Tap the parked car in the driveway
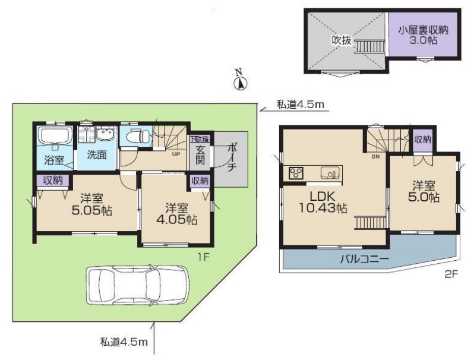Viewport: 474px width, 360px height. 138,285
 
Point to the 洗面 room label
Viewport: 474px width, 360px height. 97,155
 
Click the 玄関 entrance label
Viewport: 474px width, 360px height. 200,155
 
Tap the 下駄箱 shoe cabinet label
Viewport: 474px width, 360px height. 200,139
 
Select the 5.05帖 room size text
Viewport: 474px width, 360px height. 92,210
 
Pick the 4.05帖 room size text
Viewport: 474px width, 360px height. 177,219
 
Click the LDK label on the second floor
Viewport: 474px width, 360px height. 323,197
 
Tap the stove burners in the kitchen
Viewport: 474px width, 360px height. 296,173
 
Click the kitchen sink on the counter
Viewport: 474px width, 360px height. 330,173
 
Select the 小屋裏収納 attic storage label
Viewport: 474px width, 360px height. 423,30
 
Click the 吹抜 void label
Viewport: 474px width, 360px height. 342,40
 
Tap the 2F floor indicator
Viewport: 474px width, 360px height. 450,274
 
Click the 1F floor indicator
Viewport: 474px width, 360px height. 204,257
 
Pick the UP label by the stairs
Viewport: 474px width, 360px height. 176,154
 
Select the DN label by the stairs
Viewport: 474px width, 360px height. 375,157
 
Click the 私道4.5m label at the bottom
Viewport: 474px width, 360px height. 124,342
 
